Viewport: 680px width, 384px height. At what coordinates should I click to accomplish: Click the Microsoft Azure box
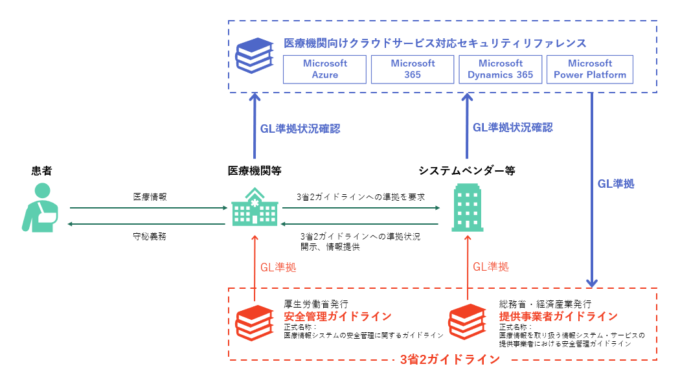pos(325,69)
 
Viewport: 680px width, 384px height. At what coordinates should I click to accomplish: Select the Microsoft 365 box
pos(413,69)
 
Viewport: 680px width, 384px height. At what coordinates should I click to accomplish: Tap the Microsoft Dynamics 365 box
pos(500,69)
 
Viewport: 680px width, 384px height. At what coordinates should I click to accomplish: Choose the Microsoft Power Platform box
pos(589,69)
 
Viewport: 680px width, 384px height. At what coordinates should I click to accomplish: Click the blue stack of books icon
pos(254,56)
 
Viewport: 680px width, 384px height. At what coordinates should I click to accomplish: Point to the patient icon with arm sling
pos(39,207)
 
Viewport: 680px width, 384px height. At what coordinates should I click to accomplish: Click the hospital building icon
pos(254,207)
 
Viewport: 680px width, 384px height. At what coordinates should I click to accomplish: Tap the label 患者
pos(41,171)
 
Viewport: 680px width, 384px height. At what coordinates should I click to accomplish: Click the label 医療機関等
pos(255,171)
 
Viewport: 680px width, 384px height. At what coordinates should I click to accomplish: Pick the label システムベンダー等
pos(466,171)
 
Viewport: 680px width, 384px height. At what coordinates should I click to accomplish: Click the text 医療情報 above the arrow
pos(150,197)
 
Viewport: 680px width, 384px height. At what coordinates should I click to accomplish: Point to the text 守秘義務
pos(150,236)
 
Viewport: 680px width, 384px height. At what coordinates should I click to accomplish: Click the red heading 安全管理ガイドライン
pos(337,317)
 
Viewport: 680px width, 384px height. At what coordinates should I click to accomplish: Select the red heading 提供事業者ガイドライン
pos(558,317)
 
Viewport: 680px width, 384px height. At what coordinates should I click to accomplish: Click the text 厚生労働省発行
pos(316,304)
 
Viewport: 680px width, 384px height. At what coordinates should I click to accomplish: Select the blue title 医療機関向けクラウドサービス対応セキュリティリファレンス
pos(435,43)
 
